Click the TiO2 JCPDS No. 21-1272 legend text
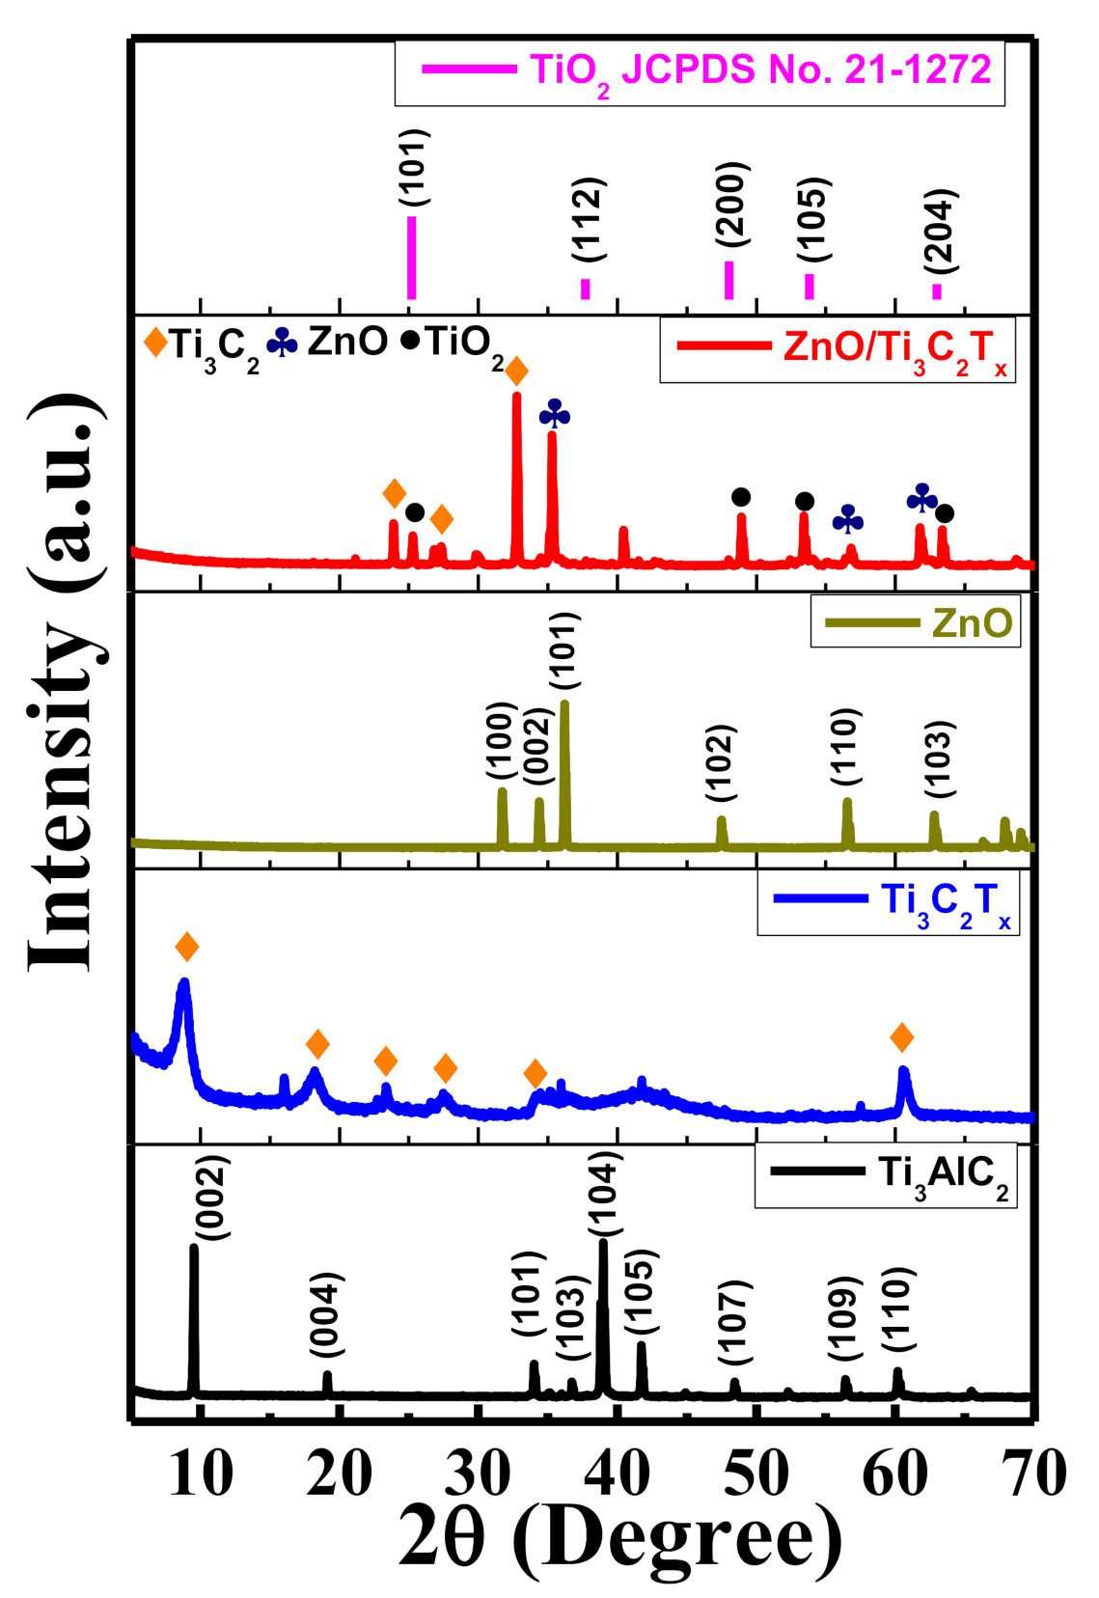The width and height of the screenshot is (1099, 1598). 760,69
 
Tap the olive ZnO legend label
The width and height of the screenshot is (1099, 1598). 972,622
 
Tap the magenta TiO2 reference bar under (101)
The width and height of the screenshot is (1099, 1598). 412,258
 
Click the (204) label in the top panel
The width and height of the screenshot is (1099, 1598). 938,230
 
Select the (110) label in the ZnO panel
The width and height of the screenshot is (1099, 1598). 844,747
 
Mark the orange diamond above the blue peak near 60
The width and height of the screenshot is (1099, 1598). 901,1037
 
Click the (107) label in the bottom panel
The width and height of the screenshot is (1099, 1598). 735,1321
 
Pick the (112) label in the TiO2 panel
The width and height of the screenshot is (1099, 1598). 588,220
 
